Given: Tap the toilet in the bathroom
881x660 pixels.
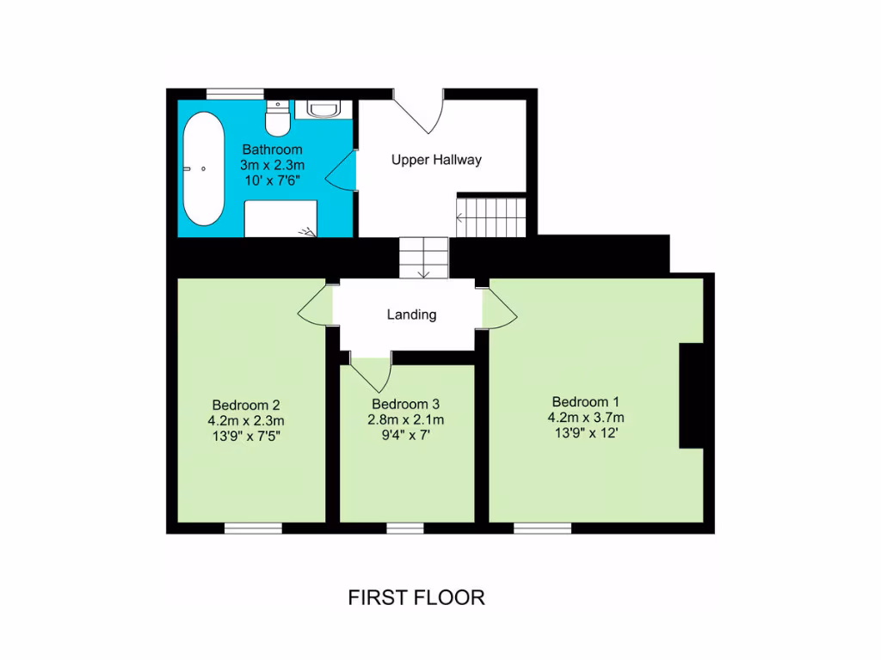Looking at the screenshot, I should (277, 118).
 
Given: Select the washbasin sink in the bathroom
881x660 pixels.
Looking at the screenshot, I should (323, 109).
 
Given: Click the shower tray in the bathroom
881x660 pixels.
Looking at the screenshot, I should (280, 218).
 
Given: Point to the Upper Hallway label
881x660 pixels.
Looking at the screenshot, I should (436, 160).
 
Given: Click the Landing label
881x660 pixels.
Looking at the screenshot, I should (411, 315).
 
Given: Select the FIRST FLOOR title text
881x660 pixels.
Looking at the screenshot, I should (416, 597).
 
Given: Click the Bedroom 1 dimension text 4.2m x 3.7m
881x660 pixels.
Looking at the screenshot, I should (586, 418).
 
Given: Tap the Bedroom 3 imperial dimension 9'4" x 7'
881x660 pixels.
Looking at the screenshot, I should (407, 435).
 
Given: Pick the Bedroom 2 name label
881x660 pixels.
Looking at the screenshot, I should (246, 405).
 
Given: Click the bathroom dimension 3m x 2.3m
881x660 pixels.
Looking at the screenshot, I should (272, 165).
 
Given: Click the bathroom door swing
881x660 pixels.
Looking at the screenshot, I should (342, 169).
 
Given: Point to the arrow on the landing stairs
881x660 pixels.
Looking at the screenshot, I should (424, 272).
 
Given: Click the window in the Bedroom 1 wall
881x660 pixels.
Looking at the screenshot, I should (542, 528).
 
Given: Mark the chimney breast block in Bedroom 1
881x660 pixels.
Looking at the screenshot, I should (695, 396).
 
